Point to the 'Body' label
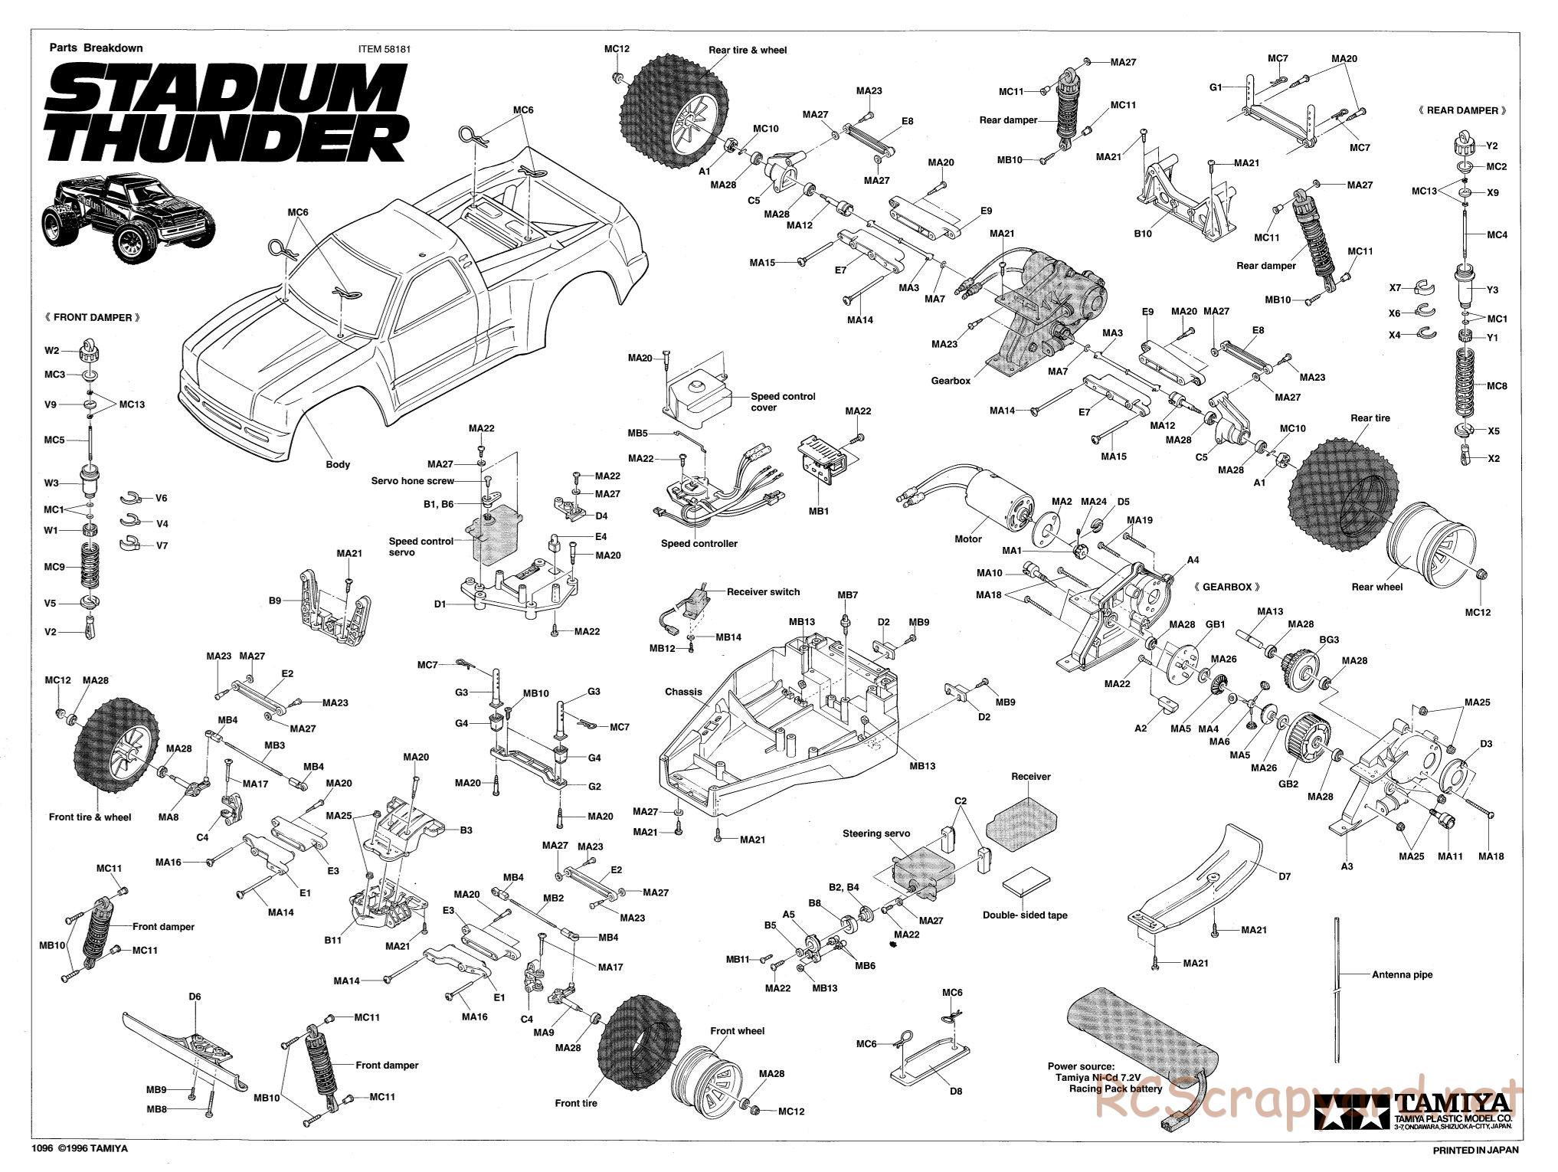337,464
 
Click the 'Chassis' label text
683,692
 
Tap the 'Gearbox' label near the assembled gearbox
951,381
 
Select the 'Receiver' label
1031,777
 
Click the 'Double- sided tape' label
1024,915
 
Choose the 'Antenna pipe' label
1402,975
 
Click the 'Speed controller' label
699,544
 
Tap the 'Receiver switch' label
763,592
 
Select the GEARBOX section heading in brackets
1226,587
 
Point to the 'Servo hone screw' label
412,481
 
